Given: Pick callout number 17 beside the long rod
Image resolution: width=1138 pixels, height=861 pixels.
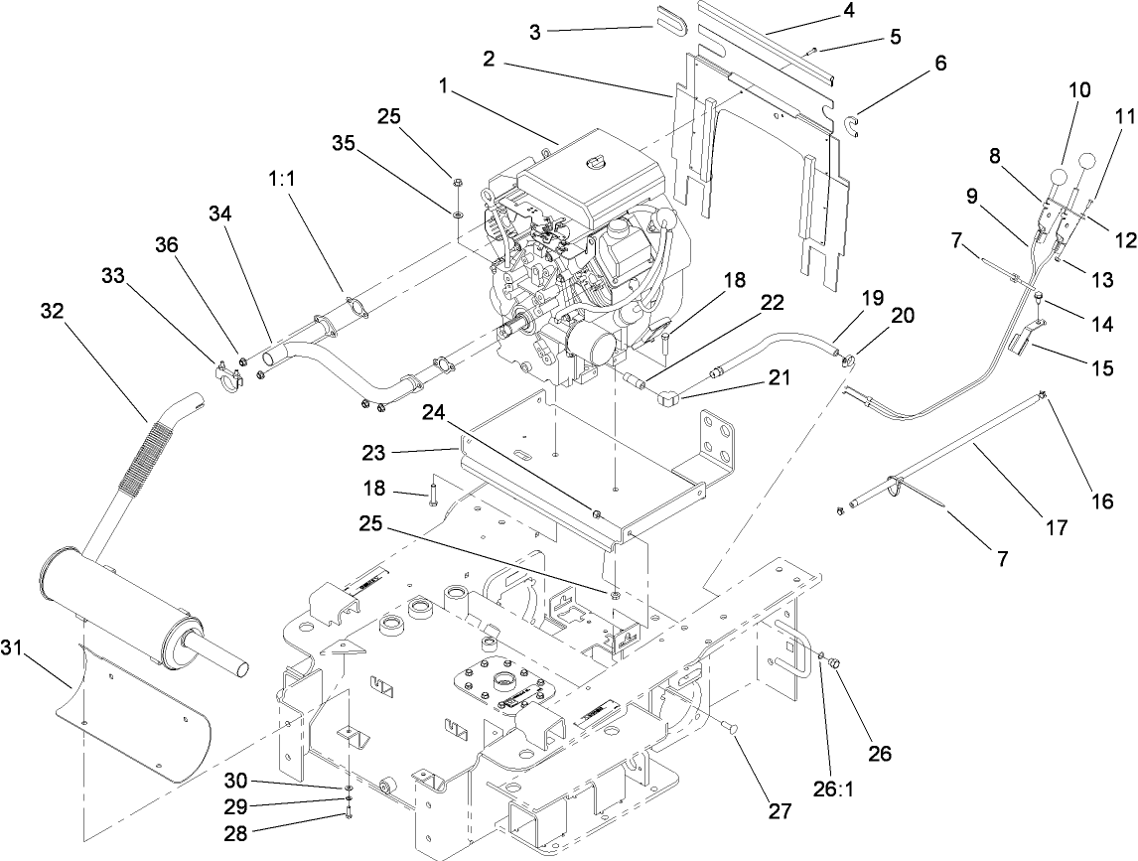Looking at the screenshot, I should click(1057, 528).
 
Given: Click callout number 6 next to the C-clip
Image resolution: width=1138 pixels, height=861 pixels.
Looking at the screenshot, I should click(939, 64).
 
